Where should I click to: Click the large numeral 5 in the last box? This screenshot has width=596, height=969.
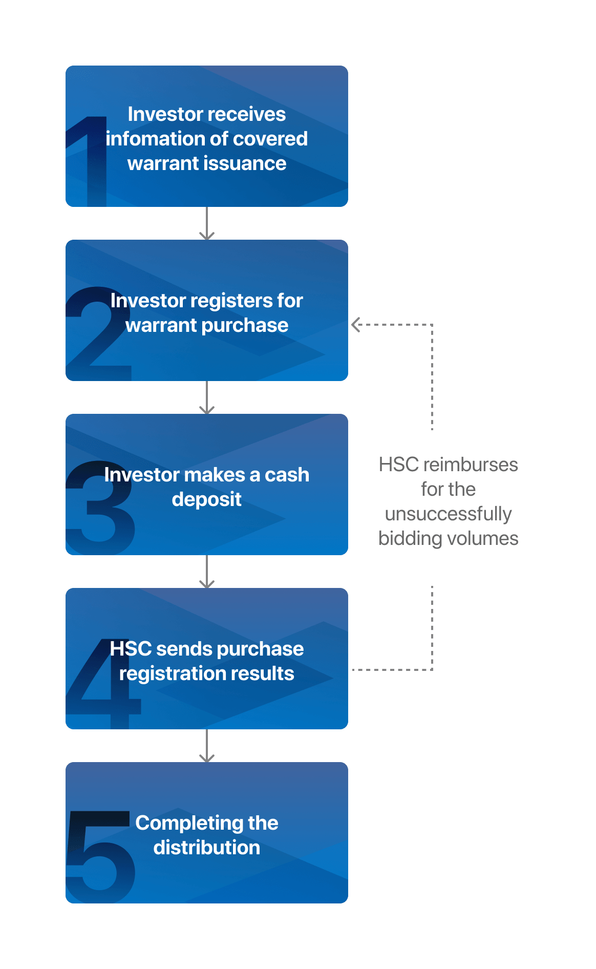click(100, 855)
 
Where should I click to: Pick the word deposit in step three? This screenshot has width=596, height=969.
click(206, 499)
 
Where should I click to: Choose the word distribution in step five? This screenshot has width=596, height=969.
click(206, 848)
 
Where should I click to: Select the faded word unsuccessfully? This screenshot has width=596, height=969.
click(448, 514)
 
